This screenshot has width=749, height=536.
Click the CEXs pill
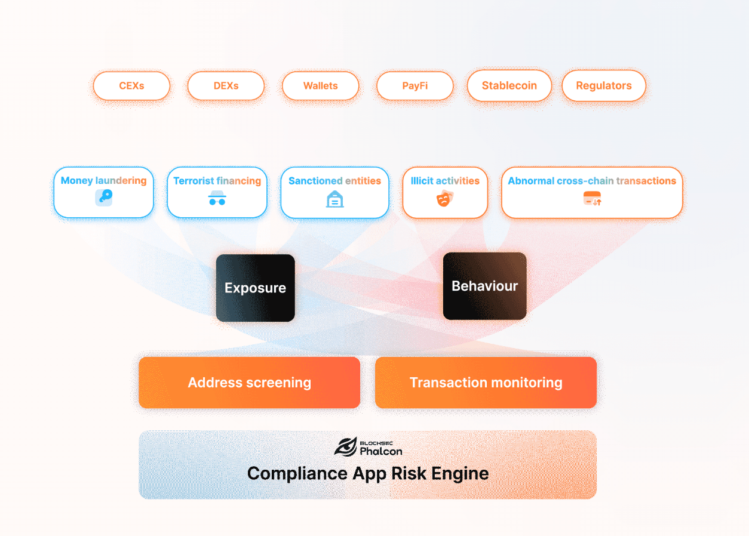click(131, 86)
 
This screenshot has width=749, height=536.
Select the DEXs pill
click(226, 86)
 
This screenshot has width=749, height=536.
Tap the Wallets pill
click(320, 86)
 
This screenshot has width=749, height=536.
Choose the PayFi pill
click(415, 86)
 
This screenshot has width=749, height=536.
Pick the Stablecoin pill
click(509, 85)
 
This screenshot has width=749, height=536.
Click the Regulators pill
click(604, 85)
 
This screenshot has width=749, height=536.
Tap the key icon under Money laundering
click(104, 198)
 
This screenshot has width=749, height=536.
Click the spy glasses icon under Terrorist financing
click(217, 198)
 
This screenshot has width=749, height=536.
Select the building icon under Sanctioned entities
click(334, 199)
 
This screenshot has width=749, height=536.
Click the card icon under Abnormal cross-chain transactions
click(592, 199)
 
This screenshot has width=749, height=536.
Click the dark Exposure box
click(256, 288)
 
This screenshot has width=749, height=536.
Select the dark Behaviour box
click(484, 286)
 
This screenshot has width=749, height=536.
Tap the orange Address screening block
click(250, 383)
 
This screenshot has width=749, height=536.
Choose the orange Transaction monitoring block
click(486, 383)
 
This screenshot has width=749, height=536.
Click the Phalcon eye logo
click(346, 447)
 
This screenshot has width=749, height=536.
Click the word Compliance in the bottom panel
click(297, 473)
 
